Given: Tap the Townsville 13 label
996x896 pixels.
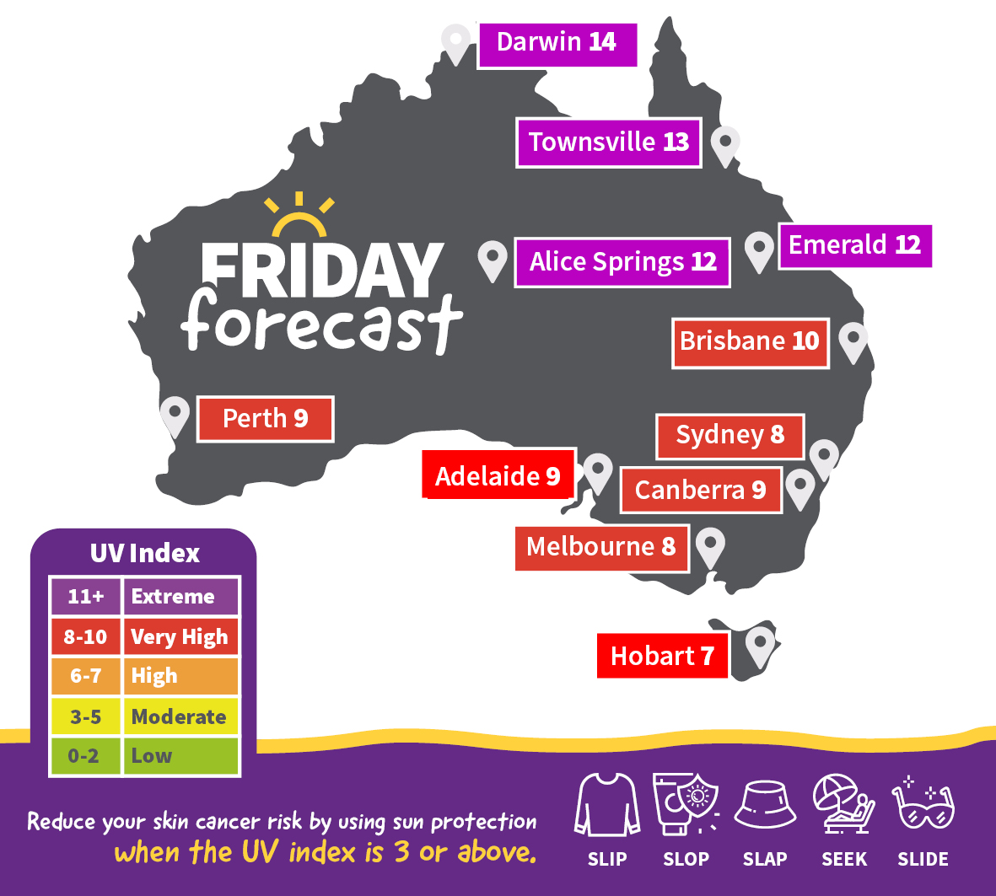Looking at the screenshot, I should (608, 142).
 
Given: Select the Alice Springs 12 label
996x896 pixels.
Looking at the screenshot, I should (622, 262).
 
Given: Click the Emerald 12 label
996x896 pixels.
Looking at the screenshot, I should (854, 246).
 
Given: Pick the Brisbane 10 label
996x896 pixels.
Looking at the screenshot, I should (750, 342).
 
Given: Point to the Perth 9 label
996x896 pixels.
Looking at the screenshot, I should (265, 419).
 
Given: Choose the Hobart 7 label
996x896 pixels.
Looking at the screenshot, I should (662, 657).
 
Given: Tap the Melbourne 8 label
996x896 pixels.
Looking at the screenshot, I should (601, 548).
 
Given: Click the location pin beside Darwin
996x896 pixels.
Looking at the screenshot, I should (455, 42).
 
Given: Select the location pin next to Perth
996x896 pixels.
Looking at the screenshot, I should (175, 416).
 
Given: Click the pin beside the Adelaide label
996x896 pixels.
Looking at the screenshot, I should (598, 472).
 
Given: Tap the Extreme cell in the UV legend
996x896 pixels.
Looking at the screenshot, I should (180, 597).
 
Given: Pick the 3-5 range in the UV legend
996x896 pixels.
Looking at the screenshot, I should (85, 717).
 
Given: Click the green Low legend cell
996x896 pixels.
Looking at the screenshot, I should (180, 756).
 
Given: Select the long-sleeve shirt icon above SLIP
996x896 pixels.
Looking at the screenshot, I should (606, 806).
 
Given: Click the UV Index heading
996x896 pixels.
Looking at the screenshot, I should (145, 554).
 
